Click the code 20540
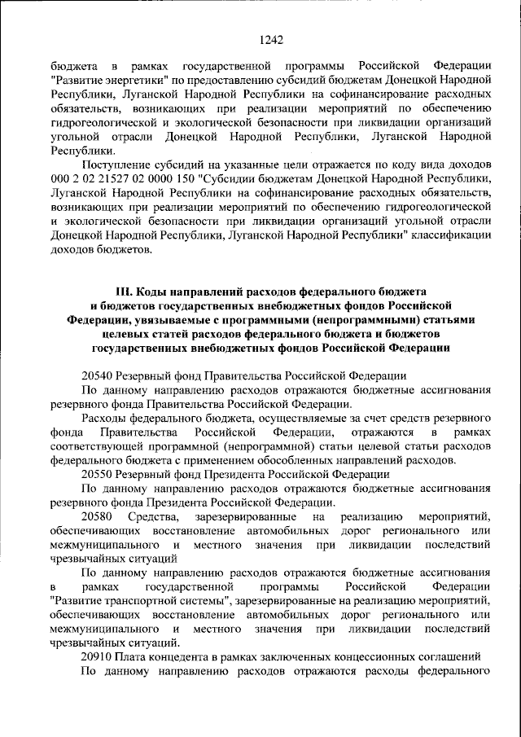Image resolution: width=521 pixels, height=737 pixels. pos(97,375)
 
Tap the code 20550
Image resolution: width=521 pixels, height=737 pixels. pos(97,473)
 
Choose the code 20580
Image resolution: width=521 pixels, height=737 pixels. pos(98,517)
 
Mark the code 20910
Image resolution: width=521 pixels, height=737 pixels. pos(97,656)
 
